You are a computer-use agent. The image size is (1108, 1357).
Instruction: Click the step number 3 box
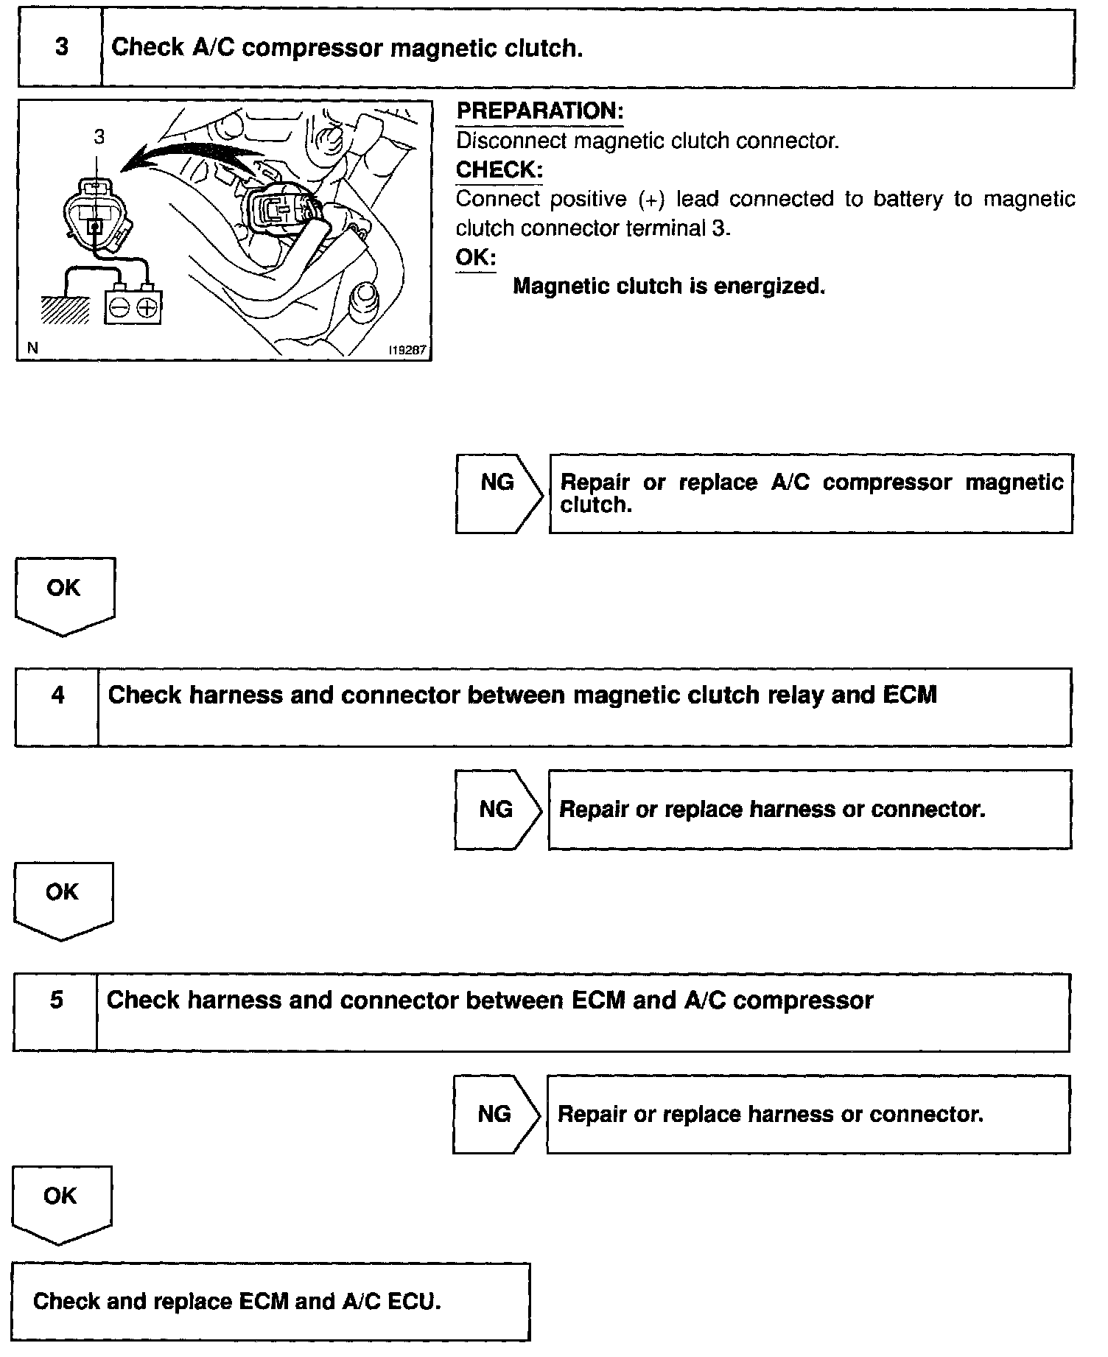pyautogui.click(x=60, y=48)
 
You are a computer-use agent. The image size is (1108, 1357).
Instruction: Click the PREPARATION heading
pyautogui.click(x=540, y=111)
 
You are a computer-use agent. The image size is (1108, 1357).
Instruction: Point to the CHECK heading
pyautogui.click(x=499, y=170)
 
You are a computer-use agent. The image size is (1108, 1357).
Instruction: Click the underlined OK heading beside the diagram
pyautogui.click(x=475, y=258)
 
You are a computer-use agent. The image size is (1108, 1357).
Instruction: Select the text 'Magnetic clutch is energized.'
pyautogui.click(x=668, y=286)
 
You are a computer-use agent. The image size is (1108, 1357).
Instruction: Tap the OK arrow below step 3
pyautogui.click(x=64, y=593)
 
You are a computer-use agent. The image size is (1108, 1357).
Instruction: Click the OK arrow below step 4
pyautogui.click(x=63, y=898)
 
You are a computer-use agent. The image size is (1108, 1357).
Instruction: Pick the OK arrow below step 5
pyautogui.click(x=60, y=1202)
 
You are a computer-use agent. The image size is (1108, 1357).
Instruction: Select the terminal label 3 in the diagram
pyautogui.click(x=99, y=136)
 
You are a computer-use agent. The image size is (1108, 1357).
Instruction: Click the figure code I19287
pyautogui.click(x=407, y=350)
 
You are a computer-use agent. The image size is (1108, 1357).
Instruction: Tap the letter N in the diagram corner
pyautogui.click(x=32, y=348)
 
